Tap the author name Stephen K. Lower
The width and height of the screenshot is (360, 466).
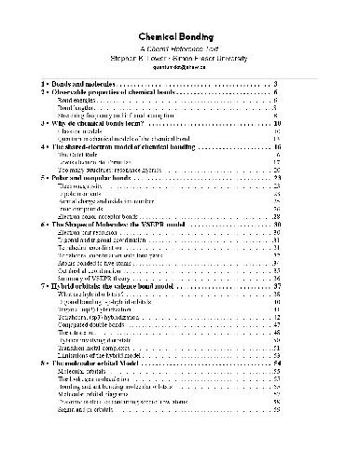[x=134, y=56]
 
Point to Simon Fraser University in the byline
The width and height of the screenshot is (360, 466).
[x=219, y=56]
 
